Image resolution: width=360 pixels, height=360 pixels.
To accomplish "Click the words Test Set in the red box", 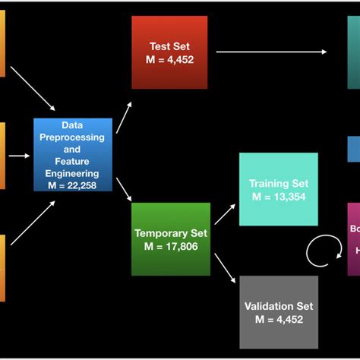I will (x=169, y=45).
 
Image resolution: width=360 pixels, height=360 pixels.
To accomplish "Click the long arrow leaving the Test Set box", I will (x=271, y=52).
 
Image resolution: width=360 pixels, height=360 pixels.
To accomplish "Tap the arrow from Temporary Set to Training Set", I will (x=225, y=214).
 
